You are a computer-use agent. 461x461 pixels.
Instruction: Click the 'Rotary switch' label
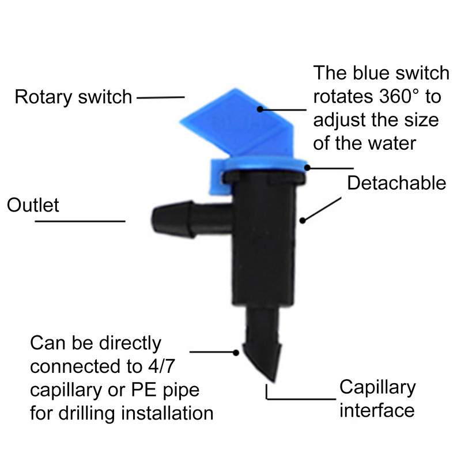click(x=73, y=97)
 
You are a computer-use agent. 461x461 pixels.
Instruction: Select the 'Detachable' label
click(x=396, y=183)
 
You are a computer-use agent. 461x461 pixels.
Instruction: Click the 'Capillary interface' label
click(x=377, y=398)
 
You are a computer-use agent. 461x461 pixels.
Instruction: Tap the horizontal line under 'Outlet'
click(x=80, y=221)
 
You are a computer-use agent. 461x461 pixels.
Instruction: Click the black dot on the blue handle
click(x=260, y=108)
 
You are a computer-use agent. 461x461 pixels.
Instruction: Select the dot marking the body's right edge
click(x=302, y=220)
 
